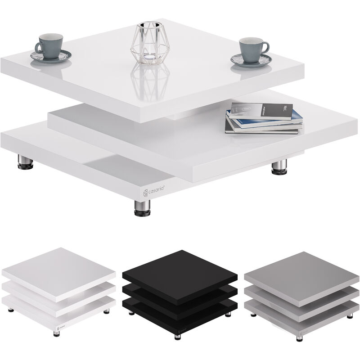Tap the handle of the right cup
pos(265,47)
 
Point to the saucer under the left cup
pos(50,56)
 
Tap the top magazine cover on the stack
pos(261,111)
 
